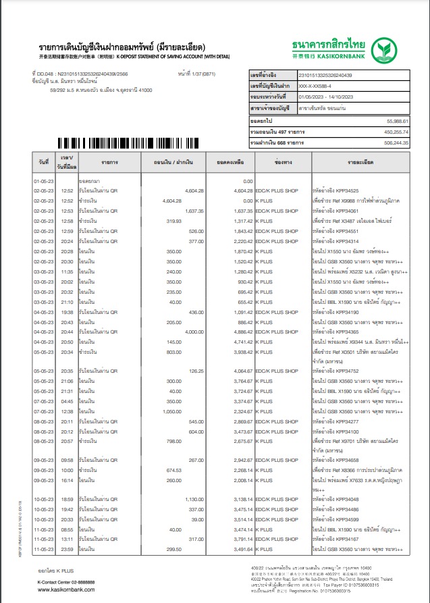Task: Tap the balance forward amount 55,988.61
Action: click(x=396, y=120)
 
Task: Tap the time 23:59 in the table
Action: click(x=67, y=550)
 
